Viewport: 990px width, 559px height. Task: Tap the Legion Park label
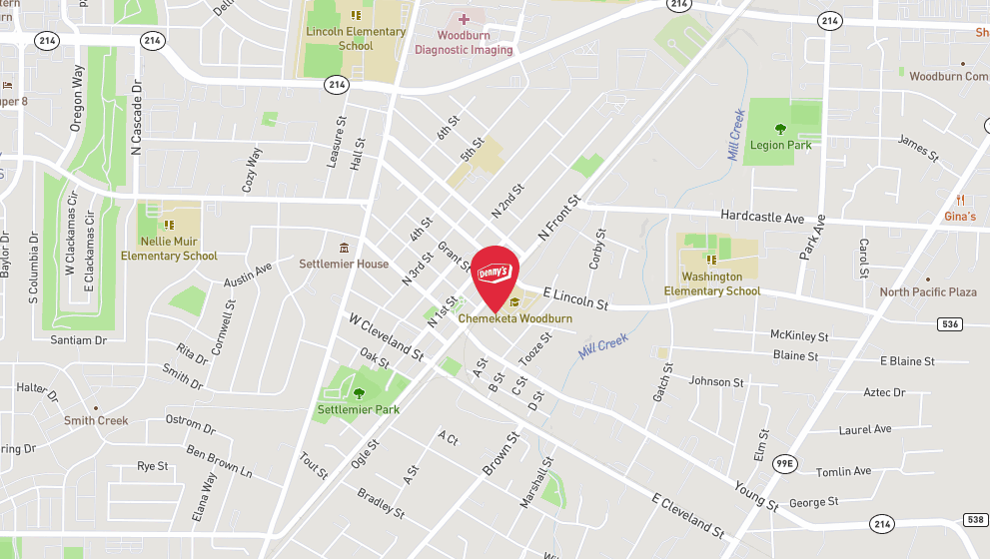[781, 145]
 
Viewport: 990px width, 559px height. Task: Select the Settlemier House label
[344, 264]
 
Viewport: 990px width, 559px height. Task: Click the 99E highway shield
[786, 463]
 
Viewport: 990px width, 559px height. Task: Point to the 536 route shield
[950, 323]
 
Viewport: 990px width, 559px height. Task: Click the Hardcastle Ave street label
[762, 217]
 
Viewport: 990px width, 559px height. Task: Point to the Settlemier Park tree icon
[359, 393]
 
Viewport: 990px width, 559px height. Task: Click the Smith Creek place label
[96, 420]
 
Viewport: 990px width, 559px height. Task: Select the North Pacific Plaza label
[928, 291]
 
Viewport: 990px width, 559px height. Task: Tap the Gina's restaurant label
[960, 216]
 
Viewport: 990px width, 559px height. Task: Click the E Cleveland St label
[687, 513]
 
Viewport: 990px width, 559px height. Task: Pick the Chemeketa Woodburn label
[515, 318]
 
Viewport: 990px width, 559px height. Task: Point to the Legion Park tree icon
[781, 128]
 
